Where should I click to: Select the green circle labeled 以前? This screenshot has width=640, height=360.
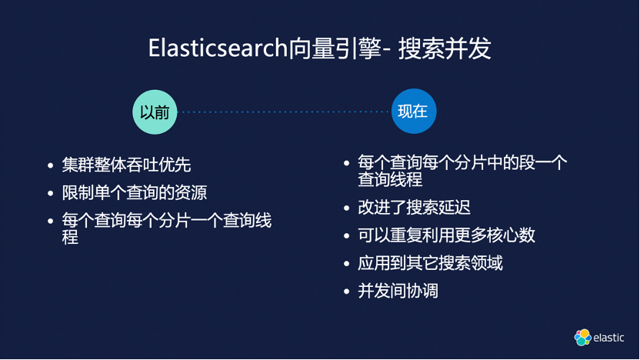(x=155, y=111)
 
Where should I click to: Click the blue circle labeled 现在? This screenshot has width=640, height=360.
(x=412, y=111)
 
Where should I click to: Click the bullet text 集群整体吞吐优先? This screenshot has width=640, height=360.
(x=126, y=165)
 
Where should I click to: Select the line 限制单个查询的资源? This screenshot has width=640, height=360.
(x=135, y=192)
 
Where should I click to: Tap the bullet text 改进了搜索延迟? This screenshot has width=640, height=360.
(x=414, y=208)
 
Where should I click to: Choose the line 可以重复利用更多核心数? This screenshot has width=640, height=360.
(x=446, y=235)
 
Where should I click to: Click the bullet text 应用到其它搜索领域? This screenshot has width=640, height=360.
(x=430, y=263)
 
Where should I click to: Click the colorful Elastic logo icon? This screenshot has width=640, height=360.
(x=582, y=337)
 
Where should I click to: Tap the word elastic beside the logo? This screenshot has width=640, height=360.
(x=609, y=338)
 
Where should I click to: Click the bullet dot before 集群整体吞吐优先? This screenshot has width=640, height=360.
(x=51, y=165)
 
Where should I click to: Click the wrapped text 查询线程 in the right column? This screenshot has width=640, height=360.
(x=390, y=180)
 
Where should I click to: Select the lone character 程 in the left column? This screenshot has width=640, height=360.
(x=70, y=237)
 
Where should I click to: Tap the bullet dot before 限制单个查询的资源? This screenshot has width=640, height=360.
(x=51, y=193)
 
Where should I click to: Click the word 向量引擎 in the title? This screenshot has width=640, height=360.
(x=335, y=48)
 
